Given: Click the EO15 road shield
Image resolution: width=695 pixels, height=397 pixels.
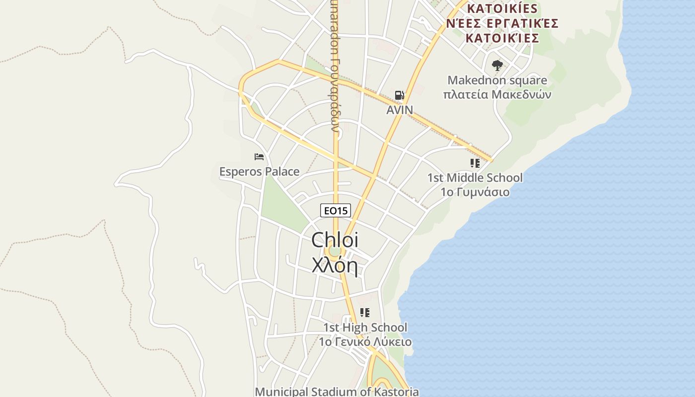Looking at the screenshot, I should coord(336,211).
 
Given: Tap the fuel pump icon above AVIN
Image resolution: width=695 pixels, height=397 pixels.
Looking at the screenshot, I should coord(399,95).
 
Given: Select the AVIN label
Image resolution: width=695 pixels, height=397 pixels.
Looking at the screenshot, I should coord(400,110).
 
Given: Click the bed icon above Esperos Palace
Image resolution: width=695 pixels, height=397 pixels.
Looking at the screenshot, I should coord(259,157).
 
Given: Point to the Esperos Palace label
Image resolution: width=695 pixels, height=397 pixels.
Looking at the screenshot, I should coord(259,172).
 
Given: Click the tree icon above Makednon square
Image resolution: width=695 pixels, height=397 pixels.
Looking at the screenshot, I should coord(497,66).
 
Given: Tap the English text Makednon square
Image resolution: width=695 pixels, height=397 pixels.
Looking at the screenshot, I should coord(497,80).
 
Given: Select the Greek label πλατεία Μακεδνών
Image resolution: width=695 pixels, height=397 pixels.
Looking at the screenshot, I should coord(497,94).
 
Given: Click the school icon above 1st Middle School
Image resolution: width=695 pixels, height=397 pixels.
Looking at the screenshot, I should coord(475,163).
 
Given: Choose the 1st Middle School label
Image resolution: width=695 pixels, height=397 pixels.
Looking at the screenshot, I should coord(475,178).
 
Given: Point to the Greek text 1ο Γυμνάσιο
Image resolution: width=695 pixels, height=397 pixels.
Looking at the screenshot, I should coord(475,192).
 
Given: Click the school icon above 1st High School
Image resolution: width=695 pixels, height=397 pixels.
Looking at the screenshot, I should coord(365,313).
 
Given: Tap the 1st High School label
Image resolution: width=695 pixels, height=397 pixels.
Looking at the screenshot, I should coord(365,328).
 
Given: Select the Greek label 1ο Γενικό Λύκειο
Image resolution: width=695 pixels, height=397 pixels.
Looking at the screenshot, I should coord(365,342).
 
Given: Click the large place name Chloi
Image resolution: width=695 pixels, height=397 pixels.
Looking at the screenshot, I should coord(335,240).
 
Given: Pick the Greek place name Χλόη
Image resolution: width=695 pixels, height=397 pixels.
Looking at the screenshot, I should coord(335,265).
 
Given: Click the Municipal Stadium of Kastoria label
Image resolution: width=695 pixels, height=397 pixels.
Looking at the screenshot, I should coord(337,392).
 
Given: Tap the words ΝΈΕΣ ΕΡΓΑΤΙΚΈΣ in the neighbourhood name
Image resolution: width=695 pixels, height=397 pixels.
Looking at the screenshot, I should coord(502,23).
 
